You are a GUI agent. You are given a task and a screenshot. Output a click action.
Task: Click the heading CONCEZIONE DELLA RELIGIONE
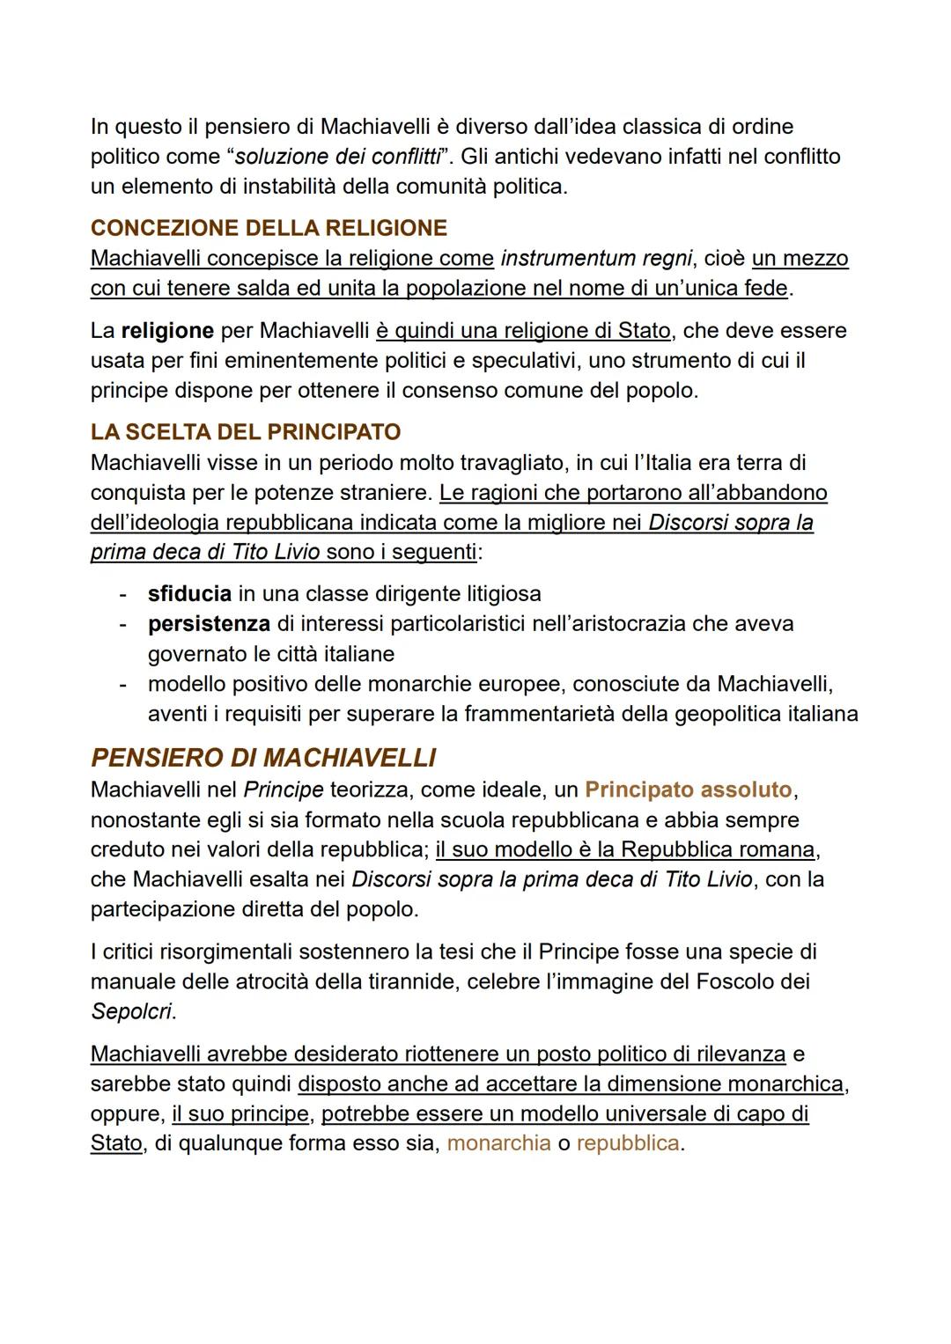269,228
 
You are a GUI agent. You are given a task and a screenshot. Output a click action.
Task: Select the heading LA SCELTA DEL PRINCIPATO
246,432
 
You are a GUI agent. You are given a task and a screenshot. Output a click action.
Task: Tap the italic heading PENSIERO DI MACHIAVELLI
263,758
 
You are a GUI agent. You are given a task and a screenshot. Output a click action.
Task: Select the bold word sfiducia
189,593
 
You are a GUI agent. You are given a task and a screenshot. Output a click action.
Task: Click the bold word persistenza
209,623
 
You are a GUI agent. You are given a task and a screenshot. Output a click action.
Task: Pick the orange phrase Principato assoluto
688,790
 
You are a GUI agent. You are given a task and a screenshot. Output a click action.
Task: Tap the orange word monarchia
498,1143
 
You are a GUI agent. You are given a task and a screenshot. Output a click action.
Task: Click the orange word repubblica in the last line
628,1143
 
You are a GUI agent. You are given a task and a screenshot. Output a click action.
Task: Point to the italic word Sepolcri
131,1011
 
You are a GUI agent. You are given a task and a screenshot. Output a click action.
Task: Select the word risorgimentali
225,951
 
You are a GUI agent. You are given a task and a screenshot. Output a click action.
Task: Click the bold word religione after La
167,330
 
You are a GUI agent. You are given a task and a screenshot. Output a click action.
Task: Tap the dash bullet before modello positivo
124,684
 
